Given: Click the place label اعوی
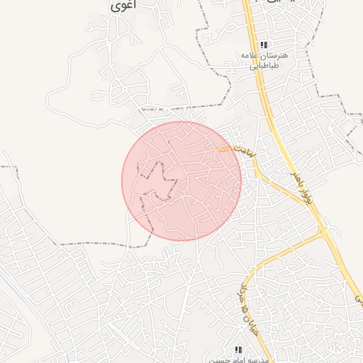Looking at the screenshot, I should click(x=125, y=5).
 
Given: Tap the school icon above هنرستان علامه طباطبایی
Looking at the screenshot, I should click(x=264, y=45).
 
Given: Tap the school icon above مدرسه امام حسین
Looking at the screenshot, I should click(x=239, y=350).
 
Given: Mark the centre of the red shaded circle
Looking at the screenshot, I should click(x=181, y=181).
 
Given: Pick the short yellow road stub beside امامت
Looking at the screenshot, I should click(x=223, y=149).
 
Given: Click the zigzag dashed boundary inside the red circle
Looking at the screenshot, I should click(x=160, y=181).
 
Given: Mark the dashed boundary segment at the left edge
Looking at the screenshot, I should click(x=7, y=167).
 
